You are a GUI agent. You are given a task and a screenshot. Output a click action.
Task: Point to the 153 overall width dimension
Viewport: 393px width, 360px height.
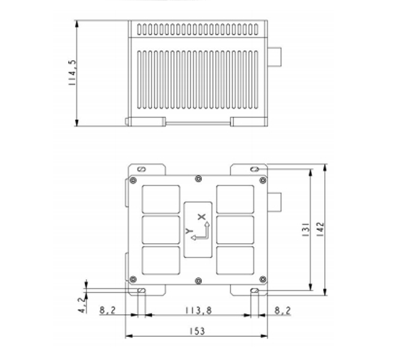[x=197, y=331]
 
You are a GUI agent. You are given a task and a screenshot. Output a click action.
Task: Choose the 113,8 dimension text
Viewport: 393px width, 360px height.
[x=197, y=310]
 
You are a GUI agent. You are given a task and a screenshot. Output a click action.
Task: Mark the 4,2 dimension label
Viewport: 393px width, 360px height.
[x=82, y=305]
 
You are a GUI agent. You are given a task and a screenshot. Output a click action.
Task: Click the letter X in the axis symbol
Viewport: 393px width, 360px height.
[x=202, y=217]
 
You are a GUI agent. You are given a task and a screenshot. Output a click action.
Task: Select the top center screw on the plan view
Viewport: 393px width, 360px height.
[x=199, y=178]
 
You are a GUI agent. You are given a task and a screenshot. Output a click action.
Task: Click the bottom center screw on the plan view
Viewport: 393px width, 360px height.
[x=199, y=280]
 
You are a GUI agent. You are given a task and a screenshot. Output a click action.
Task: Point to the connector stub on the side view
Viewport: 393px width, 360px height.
[x=275, y=57]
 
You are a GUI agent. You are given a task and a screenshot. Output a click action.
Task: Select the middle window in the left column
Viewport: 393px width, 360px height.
[x=161, y=229]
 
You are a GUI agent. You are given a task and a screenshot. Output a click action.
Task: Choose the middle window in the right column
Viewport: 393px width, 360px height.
[x=235, y=229]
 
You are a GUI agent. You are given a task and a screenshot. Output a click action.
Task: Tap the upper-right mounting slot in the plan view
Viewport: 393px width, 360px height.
[x=255, y=169]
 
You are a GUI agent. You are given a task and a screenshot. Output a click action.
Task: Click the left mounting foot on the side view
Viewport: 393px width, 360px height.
[x=145, y=121]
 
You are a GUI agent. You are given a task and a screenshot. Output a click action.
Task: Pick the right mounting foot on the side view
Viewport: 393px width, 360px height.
[x=248, y=121]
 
